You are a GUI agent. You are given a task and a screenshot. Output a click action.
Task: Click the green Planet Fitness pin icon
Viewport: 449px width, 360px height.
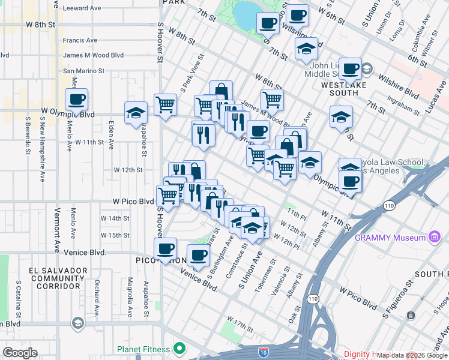point(178,349)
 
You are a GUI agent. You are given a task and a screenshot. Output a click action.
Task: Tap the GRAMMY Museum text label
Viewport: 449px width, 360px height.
point(390,238)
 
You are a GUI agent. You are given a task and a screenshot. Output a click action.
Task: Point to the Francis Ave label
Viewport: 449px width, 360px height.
point(80,40)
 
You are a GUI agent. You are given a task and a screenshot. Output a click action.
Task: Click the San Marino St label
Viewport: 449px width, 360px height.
point(84,71)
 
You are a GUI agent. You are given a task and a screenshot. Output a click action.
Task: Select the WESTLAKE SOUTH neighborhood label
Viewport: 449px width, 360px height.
point(348,89)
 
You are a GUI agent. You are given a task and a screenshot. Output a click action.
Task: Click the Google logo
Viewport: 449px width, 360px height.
point(20,352)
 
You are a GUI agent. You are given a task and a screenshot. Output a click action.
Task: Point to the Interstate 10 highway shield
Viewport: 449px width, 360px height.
point(264,350)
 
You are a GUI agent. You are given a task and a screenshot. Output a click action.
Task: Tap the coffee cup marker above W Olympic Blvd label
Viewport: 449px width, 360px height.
point(76,99)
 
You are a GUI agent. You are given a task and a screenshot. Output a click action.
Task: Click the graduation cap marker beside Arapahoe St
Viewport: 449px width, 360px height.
point(136,112)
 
